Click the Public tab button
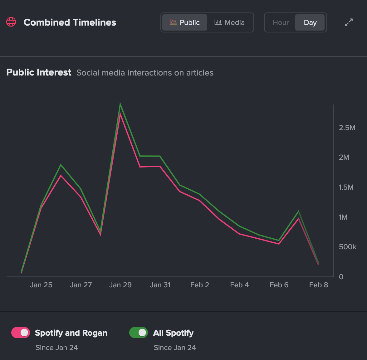pyautogui.click(x=184, y=22)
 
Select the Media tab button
pyautogui.click(x=230, y=22)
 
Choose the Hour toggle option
pyautogui.click(x=281, y=22)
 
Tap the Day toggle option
pyautogui.click(x=310, y=22)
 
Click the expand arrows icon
pyautogui.click(x=349, y=22)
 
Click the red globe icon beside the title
pyautogui.click(x=11, y=22)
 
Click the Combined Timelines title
pyautogui.click(x=70, y=22)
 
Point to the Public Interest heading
pyautogui.click(x=39, y=72)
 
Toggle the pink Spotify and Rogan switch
pyautogui.click(x=21, y=333)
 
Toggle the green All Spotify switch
pyautogui.click(x=139, y=333)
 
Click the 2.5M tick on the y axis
pyautogui.click(x=347, y=128)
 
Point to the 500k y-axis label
pyautogui.click(x=347, y=247)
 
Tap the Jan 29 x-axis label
pyautogui.click(x=120, y=285)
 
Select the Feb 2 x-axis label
pyautogui.click(x=199, y=285)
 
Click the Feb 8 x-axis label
pyautogui.click(x=318, y=285)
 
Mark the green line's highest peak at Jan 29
pyautogui.click(x=120, y=105)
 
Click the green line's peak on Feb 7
pyautogui.click(x=299, y=212)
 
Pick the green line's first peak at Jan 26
pyautogui.click(x=61, y=165)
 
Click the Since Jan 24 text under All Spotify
pyautogui.click(x=174, y=348)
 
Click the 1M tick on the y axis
pyautogui.click(x=343, y=217)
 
